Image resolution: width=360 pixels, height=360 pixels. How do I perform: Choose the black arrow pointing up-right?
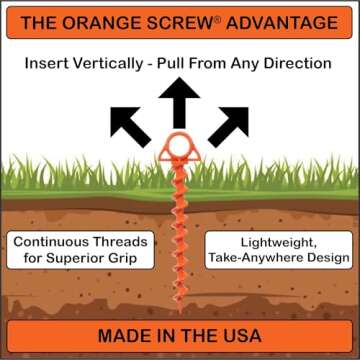tap(229, 123)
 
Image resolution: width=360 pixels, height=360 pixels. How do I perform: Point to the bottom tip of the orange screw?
tap(181, 301)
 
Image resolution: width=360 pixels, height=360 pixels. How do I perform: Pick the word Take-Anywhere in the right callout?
tap(242, 259)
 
